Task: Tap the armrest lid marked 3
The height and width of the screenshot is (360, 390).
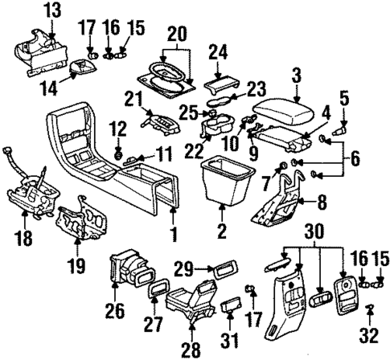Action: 278,108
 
